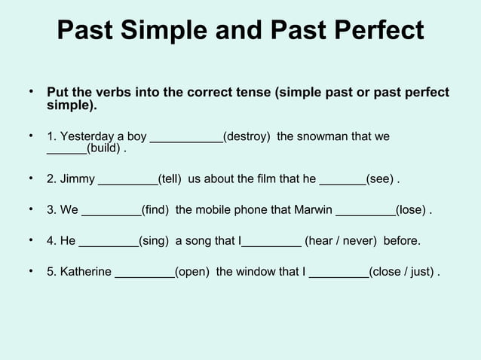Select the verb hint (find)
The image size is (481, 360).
click(x=155, y=210)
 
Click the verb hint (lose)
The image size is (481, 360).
click(x=411, y=210)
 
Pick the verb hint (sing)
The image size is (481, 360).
click(x=153, y=241)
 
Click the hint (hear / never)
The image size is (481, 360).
click(x=341, y=241)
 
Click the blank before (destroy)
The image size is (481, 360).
click(x=186, y=138)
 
